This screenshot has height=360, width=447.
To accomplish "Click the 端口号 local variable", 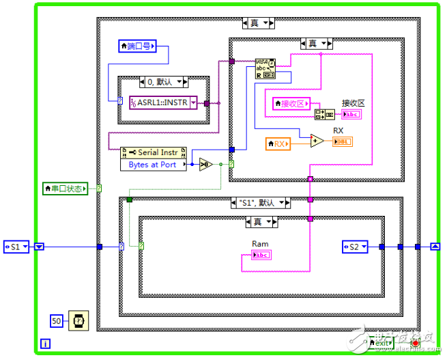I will [137, 46].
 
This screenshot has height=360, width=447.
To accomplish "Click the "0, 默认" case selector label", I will [163, 82].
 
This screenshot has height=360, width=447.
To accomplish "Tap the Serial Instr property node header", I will [154, 153].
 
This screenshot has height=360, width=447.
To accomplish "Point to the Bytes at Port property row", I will [154, 165].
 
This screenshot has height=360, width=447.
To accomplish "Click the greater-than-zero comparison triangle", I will [205, 164].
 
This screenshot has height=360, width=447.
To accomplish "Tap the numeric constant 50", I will [58, 320].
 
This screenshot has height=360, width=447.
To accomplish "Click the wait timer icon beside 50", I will [78, 320].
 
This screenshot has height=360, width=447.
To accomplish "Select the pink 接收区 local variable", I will [290, 103].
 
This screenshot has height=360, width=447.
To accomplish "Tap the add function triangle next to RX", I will [317, 141].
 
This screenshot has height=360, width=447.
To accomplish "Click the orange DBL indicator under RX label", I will [343, 141].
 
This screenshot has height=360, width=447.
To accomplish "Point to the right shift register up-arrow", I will [435, 247].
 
